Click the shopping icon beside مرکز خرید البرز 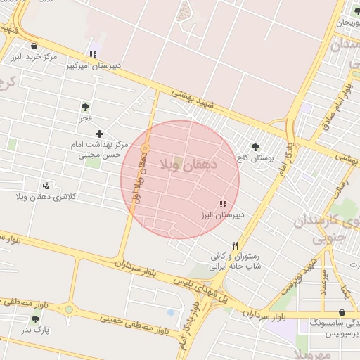click(34, 46)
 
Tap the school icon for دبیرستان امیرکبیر click(93, 55)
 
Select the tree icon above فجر click(85, 108)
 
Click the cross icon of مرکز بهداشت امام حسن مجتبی click(99, 133)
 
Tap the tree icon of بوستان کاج click(255, 148)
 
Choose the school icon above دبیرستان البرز click(223, 203)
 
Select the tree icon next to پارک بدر click(35, 319)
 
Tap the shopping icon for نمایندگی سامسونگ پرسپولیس click(342, 311)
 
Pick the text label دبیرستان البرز click(223, 214)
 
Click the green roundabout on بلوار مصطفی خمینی click(68, 309)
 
